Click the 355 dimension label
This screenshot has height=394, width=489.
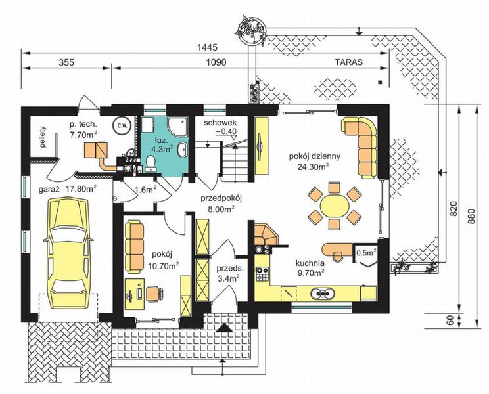pyautogui.click(x=66, y=62)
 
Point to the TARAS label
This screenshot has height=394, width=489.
pyautogui.click(x=349, y=62)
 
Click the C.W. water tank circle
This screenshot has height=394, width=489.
pyautogui.click(x=122, y=125)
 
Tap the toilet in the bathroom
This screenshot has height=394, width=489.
pyautogui.click(x=151, y=164)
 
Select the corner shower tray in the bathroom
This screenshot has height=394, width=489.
pyautogui.click(x=177, y=127)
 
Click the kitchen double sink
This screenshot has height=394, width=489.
pyautogui.click(x=323, y=293)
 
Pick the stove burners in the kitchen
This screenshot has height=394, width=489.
pyautogui.click(x=262, y=274)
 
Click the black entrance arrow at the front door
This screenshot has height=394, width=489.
pyautogui.click(x=224, y=328)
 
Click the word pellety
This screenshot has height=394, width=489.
pyautogui.click(x=43, y=137)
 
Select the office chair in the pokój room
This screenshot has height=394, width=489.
pyautogui.click(x=155, y=294)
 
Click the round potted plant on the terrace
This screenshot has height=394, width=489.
pyautogui.click(x=252, y=31)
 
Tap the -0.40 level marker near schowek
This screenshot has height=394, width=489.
pyautogui.click(x=226, y=131)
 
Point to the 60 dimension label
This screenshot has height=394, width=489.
pyautogui.click(x=450, y=321)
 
